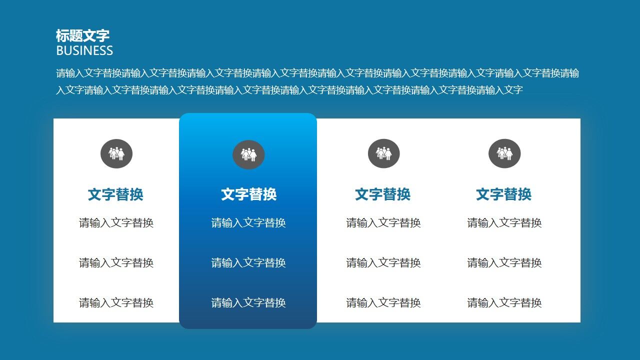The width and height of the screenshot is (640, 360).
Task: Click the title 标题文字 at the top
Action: [x=82, y=35]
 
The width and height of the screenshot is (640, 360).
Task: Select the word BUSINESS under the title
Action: [x=84, y=50]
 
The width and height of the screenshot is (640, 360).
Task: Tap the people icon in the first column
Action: [x=116, y=153]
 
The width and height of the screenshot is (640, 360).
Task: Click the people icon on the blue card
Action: [x=248, y=155]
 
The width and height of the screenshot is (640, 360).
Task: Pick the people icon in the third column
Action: [x=384, y=153]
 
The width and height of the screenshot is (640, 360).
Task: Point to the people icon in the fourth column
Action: [x=504, y=153]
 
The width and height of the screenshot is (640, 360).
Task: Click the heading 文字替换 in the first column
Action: [x=115, y=194]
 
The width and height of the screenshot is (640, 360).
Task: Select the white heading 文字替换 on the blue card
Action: [x=248, y=194]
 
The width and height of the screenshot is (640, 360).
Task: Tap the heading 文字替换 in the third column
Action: [x=382, y=194]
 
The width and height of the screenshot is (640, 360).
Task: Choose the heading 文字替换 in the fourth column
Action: [x=503, y=194]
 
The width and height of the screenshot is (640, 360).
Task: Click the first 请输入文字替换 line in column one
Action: [x=116, y=223]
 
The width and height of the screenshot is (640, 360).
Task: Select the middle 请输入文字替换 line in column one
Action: [x=116, y=263]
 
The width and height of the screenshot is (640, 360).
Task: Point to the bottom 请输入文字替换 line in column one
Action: [x=116, y=303]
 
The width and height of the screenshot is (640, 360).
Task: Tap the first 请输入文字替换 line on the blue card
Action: [x=248, y=223]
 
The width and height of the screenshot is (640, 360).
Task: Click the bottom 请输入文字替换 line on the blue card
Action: [x=248, y=303]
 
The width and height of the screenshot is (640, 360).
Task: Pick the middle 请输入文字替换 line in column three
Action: [x=383, y=263]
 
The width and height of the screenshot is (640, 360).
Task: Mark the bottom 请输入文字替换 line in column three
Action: [x=383, y=303]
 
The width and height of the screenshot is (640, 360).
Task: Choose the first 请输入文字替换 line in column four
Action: [x=504, y=223]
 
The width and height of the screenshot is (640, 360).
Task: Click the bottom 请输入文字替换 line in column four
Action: [x=504, y=303]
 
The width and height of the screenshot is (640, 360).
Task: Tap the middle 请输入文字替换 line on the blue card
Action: [x=248, y=263]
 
